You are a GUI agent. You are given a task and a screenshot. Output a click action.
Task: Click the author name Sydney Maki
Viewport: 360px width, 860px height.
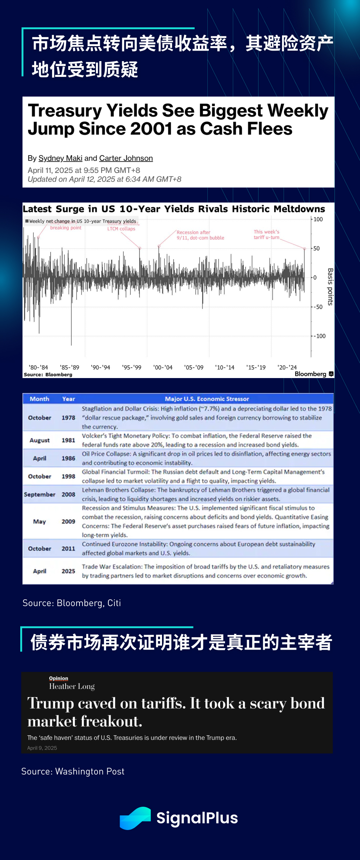(x=60, y=158)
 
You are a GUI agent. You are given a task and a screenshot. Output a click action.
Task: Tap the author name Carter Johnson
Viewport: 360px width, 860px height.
(x=126, y=158)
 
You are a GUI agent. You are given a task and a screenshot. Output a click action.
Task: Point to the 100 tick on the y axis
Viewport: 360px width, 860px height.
(x=318, y=219)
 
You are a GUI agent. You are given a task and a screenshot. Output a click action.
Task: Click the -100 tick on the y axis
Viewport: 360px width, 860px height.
(x=319, y=336)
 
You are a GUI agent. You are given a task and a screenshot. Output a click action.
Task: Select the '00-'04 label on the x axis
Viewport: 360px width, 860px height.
(x=163, y=368)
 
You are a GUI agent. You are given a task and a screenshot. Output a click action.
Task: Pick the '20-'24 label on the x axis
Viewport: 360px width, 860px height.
(x=287, y=368)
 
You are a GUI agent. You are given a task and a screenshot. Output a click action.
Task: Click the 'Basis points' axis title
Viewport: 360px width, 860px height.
(x=330, y=287)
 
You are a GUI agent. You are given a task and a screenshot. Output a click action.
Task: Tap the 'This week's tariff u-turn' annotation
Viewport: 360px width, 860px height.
(x=267, y=234)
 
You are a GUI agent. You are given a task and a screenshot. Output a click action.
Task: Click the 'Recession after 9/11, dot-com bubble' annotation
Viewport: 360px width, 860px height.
(x=200, y=235)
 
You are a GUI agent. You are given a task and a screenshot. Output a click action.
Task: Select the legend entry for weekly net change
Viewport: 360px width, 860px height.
(x=81, y=221)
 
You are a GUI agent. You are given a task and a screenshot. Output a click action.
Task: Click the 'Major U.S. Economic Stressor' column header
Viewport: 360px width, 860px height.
(x=207, y=399)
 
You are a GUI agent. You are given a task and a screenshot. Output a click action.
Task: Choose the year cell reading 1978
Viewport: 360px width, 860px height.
(x=68, y=418)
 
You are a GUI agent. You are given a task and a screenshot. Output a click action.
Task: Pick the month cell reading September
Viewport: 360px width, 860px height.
(x=39, y=495)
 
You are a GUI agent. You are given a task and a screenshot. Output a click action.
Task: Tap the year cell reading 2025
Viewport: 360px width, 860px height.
(x=68, y=571)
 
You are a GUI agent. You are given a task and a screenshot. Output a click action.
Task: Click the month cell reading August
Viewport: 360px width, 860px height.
(x=39, y=440)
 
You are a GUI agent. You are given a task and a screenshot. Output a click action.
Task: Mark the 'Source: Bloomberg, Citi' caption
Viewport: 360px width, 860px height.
(x=72, y=603)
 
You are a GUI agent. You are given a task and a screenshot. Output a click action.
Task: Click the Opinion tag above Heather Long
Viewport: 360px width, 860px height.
(x=58, y=678)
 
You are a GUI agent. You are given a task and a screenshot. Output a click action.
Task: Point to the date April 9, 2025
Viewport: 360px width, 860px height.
(x=42, y=748)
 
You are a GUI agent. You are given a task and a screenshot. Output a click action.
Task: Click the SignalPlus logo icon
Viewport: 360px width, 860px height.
(x=135, y=818)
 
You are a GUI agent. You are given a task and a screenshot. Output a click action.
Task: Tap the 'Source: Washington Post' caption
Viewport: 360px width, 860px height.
(x=73, y=771)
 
